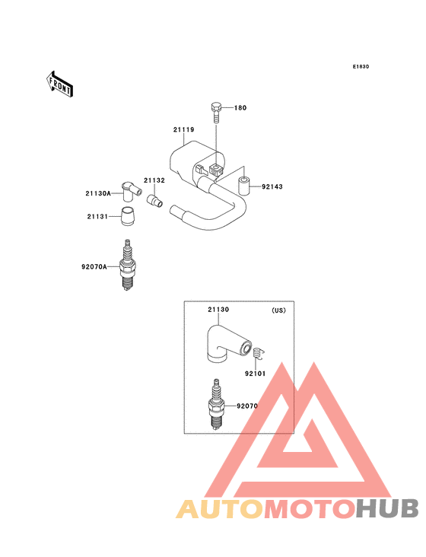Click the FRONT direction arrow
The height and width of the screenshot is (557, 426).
(x=59, y=84)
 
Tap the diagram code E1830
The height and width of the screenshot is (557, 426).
(x=361, y=66)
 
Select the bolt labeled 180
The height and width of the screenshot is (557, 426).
(x=216, y=113)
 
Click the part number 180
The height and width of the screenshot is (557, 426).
(x=240, y=107)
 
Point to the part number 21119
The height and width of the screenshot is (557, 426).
(x=183, y=129)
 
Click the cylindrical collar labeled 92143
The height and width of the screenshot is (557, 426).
(x=244, y=186)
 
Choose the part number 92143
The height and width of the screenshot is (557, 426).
(x=272, y=186)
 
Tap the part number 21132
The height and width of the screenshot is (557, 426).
(x=154, y=180)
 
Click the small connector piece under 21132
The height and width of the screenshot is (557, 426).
(x=154, y=200)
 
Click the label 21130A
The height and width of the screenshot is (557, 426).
(x=98, y=193)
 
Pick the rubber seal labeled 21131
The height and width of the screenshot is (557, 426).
(x=128, y=215)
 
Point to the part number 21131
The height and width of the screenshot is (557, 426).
(x=97, y=216)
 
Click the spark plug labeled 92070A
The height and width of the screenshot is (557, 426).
(x=128, y=265)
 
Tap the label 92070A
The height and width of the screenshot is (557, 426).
(x=94, y=266)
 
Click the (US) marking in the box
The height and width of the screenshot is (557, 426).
(x=278, y=310)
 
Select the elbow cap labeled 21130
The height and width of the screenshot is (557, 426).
(x=227, y=344)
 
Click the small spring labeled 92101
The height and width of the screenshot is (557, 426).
(x=259, y=354)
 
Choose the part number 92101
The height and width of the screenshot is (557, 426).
(x=256, y=374)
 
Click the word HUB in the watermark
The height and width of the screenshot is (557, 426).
(x=387, y=508)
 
